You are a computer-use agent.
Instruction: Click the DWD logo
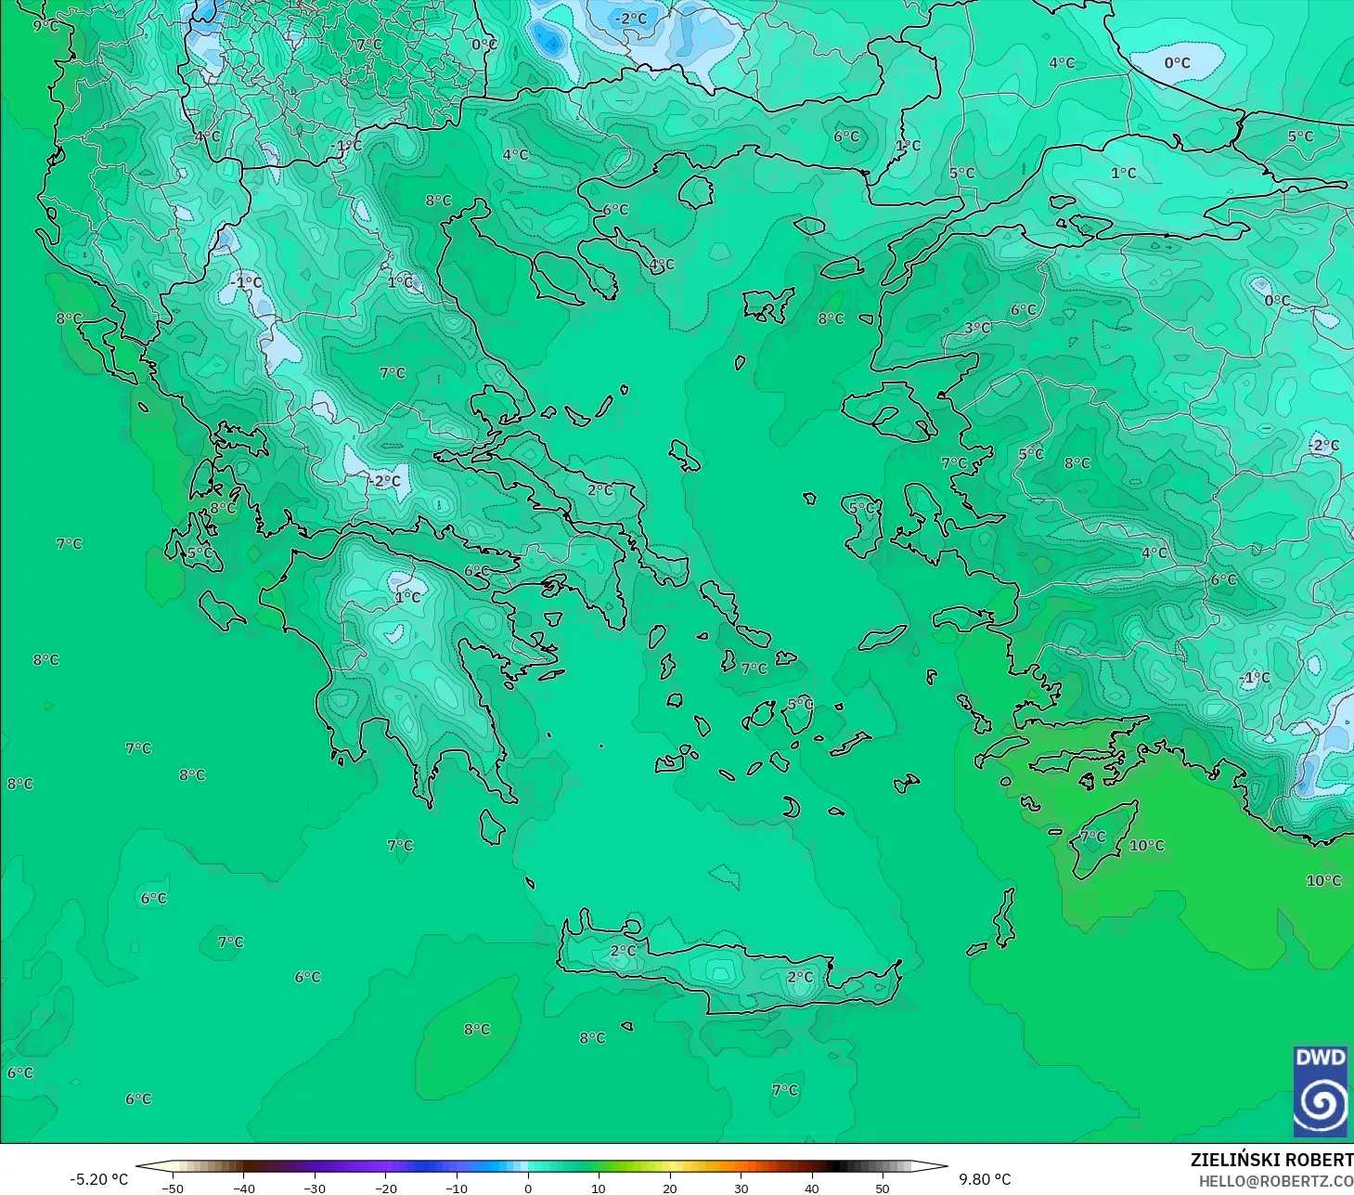click(1320, 1092)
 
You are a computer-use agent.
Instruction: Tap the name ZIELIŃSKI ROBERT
click(1271, 1160)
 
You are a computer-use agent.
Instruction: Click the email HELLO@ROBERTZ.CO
click(1275, 1181)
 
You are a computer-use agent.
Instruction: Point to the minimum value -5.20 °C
click(98, 1179)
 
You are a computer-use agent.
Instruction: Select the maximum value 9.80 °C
click(985, 1179)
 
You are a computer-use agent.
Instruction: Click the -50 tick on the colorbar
click(173, 1188)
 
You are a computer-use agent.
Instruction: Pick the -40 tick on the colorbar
click(243, 1188)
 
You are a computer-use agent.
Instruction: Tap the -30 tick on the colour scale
click(315, 1188)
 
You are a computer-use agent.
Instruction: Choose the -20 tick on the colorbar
click(385, 1188)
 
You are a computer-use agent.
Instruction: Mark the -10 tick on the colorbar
click(457, 1188)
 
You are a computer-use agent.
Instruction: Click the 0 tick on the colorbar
click(528, 1188)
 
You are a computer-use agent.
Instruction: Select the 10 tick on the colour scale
click(599, 1188)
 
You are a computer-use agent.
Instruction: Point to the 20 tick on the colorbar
click(670, 1188)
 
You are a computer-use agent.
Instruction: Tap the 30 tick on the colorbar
click(741, 1188)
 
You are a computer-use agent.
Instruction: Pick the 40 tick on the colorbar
click(812, 1188)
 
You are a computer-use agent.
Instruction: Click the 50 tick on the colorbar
click(883, 1188)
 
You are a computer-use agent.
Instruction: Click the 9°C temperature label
click(45, 26)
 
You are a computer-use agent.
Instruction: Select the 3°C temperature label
click(977, 328)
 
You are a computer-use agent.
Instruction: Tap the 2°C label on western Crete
click(624, 951)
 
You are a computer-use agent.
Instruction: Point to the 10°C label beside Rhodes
click(1146, 846)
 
